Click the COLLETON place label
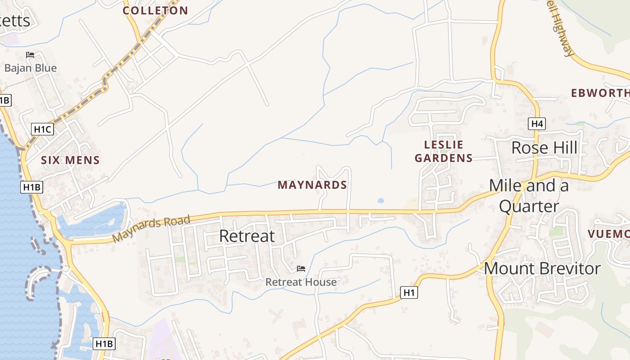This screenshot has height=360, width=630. [x=155, y=11]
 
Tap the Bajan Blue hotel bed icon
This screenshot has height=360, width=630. [x=30, y=55]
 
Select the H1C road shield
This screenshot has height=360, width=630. [x=43, y=130]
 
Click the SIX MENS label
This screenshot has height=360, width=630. [x=70, y=160]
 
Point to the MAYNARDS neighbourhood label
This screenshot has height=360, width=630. [x=312, y=185]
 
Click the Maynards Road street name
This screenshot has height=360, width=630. [x=151, y=229]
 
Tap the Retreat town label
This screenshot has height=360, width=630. [x=247, y=236]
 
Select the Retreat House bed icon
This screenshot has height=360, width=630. [x=301, y=269]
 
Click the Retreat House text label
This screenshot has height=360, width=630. [x=301, y=282]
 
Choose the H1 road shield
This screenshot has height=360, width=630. [x=409, y=293]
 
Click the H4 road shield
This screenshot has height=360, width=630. [x=537, y=124]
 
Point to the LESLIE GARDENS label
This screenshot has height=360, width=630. [x=444, y=151]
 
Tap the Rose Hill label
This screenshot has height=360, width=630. [x=544, y=148]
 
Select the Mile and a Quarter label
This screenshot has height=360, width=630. [x=529, y=196]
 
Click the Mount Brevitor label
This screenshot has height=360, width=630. [x=542, y=269]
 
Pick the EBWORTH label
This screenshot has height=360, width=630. [x=600, y=93]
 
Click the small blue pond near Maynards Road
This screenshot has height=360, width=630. [x=381, y=200]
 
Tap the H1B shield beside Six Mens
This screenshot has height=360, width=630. [x=31, y=188]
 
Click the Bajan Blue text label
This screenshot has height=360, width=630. [x=31, y=68]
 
